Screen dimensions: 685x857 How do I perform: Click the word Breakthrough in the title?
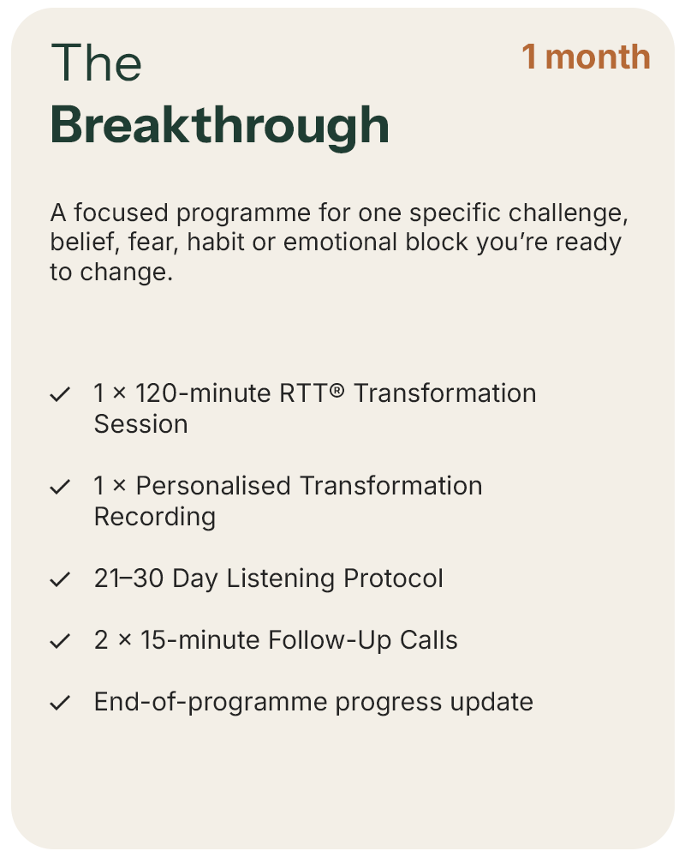coord(219,126)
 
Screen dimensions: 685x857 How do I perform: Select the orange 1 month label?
coord(587,57)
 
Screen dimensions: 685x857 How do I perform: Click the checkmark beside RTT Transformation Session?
coord(60,394)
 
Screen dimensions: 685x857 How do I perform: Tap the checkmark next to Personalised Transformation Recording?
coord(60,487)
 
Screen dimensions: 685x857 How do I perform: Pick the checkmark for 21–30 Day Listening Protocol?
coord(60,578)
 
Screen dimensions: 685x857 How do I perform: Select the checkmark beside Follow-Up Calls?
coord(60,640)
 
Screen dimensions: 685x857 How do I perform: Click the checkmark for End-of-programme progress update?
coord(60,703)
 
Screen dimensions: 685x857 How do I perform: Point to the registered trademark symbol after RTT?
coord(337,390)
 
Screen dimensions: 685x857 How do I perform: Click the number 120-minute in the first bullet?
coord(203,393)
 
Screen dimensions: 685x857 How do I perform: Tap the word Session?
coord(141,424)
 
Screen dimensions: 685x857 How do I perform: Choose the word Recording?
coord(155,518)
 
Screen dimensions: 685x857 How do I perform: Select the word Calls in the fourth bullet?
coord(428,640)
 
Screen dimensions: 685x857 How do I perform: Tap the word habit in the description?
coord(216,243)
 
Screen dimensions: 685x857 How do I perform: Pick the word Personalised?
coord(213,486)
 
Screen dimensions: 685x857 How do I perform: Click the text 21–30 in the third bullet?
coord(129,578)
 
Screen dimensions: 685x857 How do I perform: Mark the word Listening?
coord(281,579)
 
